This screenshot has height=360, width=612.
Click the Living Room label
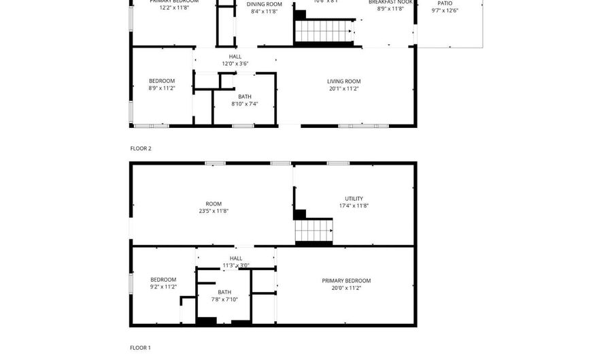tap(343, 81)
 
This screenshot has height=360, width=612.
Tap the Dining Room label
tap(264, 4)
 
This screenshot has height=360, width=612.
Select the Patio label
tap(445, 3)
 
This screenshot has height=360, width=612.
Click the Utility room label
tap(354, 199)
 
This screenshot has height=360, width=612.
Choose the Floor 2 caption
tap(141, 148)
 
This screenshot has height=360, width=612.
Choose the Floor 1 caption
tap(140, 348)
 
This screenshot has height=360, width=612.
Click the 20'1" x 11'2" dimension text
tap(343, 88)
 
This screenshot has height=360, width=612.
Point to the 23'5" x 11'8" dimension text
tap(214, 211)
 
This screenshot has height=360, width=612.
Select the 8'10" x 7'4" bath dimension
tap(244, 104)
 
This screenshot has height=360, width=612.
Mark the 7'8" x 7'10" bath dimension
tap(225, 299)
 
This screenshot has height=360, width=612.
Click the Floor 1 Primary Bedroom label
tap(346, 280)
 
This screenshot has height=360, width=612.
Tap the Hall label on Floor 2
tap(235, 56)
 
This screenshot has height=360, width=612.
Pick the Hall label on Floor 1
tap(235, 258)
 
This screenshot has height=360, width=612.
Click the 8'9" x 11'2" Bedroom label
tap(162, 81)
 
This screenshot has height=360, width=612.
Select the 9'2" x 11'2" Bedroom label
tap(163, 280)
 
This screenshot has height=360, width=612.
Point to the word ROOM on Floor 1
tap(214, 203)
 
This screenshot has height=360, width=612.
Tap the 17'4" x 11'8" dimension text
tap(354, 206)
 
